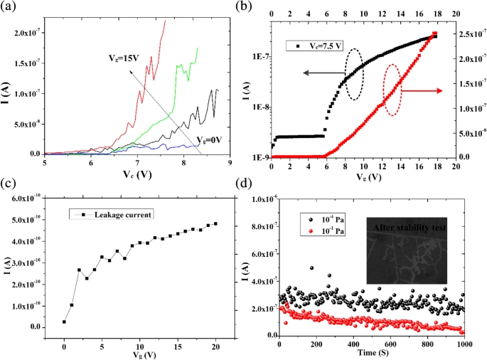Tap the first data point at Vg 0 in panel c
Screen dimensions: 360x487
click(64, 322)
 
